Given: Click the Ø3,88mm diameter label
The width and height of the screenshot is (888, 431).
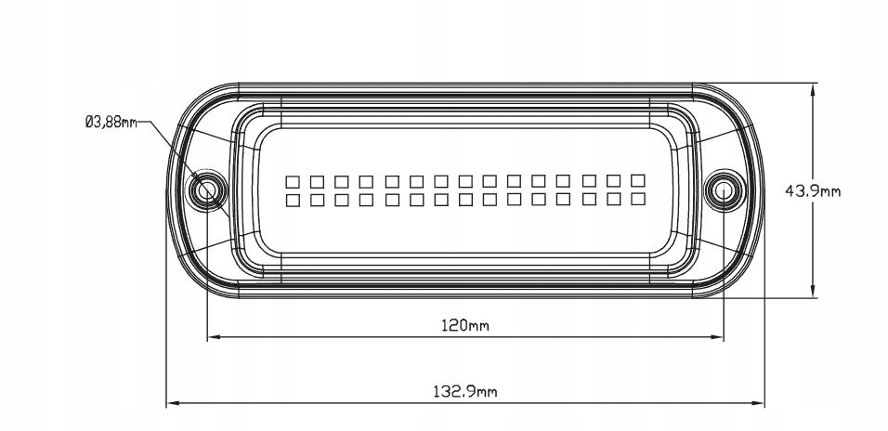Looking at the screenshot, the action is (x=111, y=122).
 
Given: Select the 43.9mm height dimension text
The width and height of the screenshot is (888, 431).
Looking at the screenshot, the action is (x=813, y=191).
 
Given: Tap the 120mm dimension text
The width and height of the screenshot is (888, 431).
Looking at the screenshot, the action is (x=464, y=325).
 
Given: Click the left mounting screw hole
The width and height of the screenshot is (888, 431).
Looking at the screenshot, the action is (x=205, y=191).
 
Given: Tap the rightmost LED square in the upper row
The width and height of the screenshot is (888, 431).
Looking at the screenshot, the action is (x=637, y=179).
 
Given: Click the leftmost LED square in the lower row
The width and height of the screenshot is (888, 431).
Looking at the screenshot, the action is (x=293, y=200).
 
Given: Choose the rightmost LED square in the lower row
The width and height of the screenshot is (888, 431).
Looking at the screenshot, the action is (x=637, y=199).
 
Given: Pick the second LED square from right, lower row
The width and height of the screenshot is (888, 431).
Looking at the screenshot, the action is (x=613, y=199).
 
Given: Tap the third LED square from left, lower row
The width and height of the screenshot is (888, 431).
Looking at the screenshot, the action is (x=342, y=200).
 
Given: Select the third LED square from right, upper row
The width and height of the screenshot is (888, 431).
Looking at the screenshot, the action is (x=588, y=179).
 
